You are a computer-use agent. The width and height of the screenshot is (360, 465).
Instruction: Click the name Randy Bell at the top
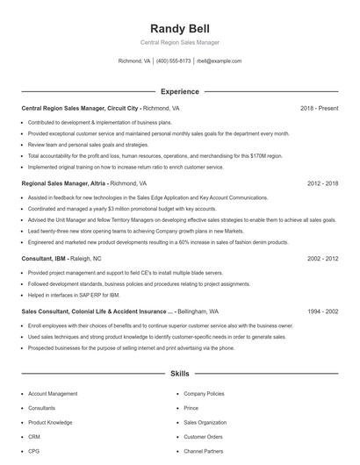pos(179,28)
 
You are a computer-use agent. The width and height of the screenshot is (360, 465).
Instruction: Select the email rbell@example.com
pos(219,61)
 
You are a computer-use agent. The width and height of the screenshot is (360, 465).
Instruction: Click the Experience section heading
pos(179,91)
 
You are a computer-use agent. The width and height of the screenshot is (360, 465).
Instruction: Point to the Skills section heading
pos(179,374)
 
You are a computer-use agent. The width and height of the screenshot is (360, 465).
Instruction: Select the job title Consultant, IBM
pos(44,259)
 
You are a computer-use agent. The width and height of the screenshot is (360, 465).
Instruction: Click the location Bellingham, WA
pos(200,311)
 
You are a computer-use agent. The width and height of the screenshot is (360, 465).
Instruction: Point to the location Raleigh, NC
pos(86,259)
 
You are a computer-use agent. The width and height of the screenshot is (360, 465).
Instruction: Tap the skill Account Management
pos(53,394)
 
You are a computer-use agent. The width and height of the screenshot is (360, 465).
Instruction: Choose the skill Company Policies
pos(204,394)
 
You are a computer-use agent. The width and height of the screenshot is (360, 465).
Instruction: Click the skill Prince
pos(191,408)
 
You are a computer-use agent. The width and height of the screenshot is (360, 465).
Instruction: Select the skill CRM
pos(34,436)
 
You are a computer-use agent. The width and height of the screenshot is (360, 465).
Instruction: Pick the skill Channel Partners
pos(204,450)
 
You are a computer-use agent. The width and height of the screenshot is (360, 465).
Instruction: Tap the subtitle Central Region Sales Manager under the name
pos(179,42)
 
